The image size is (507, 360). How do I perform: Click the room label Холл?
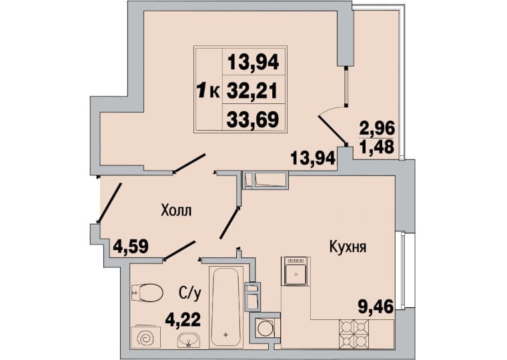click(176, 211)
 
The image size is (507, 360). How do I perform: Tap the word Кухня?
click(348, 247)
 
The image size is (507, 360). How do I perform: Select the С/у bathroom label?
click(190, 293)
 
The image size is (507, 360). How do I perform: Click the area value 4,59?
click(131, 247)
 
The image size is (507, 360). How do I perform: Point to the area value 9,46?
click(376, 307)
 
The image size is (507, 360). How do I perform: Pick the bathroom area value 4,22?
click(183, 320)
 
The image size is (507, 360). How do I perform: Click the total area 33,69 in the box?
click(253, 119)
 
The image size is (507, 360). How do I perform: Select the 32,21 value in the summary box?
click(252, 91)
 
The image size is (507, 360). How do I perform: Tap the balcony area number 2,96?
click(378, 129)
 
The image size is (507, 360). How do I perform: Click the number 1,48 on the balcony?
click(377, 147)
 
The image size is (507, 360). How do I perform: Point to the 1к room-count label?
click(209, 91)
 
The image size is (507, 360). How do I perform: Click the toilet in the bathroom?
click(147, 293)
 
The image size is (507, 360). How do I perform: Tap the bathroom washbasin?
click(189, 340)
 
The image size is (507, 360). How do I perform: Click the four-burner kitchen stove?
click(354, 334)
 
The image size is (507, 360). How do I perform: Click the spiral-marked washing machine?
click(146, 337)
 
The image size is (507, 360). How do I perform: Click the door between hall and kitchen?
click(229, 223)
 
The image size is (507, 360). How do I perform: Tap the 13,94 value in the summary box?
click(253, 63)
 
